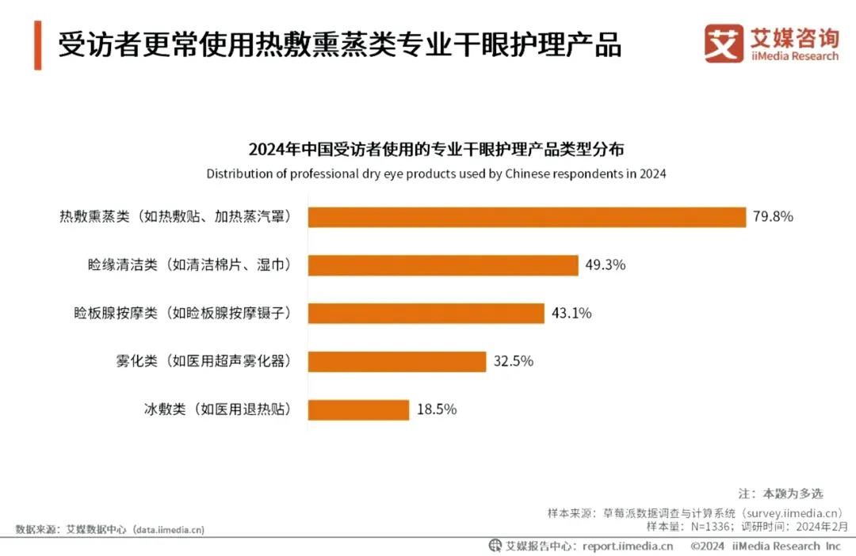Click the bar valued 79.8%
(x=527, y=217)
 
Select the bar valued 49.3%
(x=443, y=265)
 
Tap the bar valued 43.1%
(x=426, y=314)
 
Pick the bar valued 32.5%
(x=397, y=361)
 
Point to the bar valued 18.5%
(x=358, y=409)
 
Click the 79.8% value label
(x=774, y=217)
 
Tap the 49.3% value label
(x=606, y=265)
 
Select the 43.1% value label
(x=571, y=314)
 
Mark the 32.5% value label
(x=514, y=361)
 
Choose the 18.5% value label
(x=437, y=409)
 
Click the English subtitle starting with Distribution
(x=436, y=173)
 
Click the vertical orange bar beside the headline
(x=38, y=45)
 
